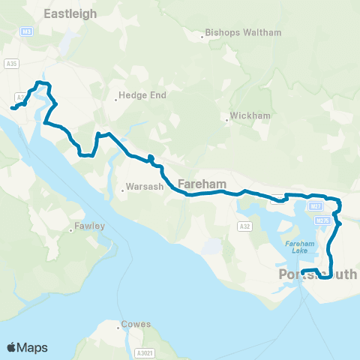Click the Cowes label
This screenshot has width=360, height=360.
[138, 325]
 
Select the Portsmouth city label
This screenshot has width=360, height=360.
[317, 274]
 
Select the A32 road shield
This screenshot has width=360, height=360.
[244, 225]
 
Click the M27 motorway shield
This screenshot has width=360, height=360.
[315, 205]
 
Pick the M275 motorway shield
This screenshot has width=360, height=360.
[323, 220]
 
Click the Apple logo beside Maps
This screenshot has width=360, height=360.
[12, 347]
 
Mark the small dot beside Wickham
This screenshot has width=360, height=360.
[227, 117]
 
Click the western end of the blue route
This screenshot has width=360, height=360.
[12, 109]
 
